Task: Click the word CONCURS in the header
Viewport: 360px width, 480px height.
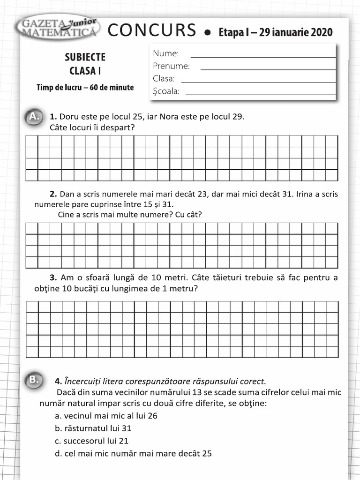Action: (x=151, y=30)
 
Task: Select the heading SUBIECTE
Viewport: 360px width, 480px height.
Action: (x=85, y=57)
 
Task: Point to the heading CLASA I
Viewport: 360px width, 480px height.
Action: (x=85, y=71)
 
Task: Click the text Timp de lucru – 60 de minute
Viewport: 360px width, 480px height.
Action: (x=85, y=88)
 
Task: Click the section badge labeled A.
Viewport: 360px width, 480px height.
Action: (x=34, y=116)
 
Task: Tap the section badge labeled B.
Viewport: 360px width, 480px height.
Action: (x=34, y=379)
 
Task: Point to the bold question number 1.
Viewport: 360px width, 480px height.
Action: (x=53, y=117)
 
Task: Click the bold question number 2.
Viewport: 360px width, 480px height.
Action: (x=53, y=194)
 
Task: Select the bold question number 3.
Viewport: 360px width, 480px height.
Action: (x=53, y=277)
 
